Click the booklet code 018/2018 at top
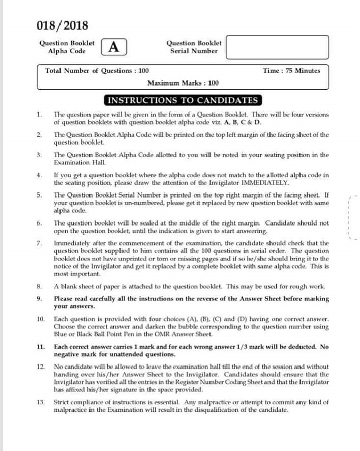click(x=63, y=25)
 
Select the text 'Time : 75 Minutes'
click(x=291, y=71)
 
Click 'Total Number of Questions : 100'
click(x=97, y=71)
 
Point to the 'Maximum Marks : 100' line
click(x=183, y=83)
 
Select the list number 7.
click(x=39, y=243)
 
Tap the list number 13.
click(x=41, y=402)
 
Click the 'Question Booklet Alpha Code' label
click(x=67, y=47)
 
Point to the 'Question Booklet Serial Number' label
click(x=194, y=47)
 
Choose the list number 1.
click(x=39, y=115)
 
